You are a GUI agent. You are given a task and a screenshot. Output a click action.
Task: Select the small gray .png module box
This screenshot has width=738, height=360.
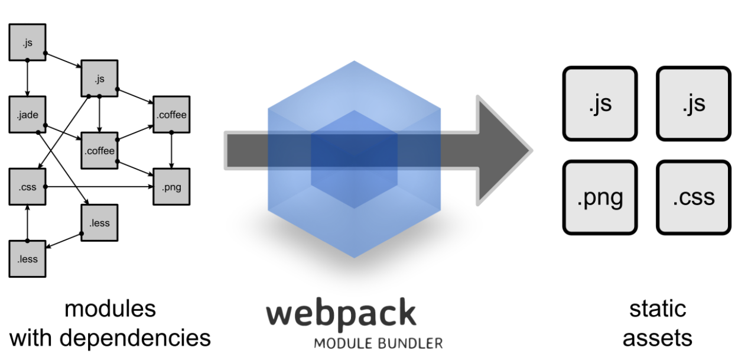(171, 188)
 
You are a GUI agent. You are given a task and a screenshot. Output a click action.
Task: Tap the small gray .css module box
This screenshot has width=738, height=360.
(27, 187)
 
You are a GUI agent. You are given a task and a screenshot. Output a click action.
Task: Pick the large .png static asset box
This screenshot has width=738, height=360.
(600, 196)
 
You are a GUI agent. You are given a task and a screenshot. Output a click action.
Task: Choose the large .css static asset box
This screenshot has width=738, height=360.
(694, 196)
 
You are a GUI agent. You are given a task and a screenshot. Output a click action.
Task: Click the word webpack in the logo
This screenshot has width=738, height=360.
(341, 314)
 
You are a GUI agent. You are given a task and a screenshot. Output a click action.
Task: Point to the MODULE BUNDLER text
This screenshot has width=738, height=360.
(378, 342)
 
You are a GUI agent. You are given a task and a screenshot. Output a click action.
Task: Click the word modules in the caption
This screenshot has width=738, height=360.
(110, 309)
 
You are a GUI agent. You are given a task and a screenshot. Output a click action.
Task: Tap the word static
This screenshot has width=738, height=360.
(657, 309)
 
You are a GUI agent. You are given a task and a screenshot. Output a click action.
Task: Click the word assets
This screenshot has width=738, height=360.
(657, 338)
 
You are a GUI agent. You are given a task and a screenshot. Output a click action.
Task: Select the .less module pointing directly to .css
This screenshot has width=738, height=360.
(27, 259)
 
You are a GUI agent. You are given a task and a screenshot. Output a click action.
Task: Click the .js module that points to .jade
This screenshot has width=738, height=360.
(27, 42)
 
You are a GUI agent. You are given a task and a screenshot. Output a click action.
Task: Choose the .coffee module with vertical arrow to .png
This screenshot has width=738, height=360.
(171, 115)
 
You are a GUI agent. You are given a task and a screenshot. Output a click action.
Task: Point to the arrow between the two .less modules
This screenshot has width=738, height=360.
(64, 241)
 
